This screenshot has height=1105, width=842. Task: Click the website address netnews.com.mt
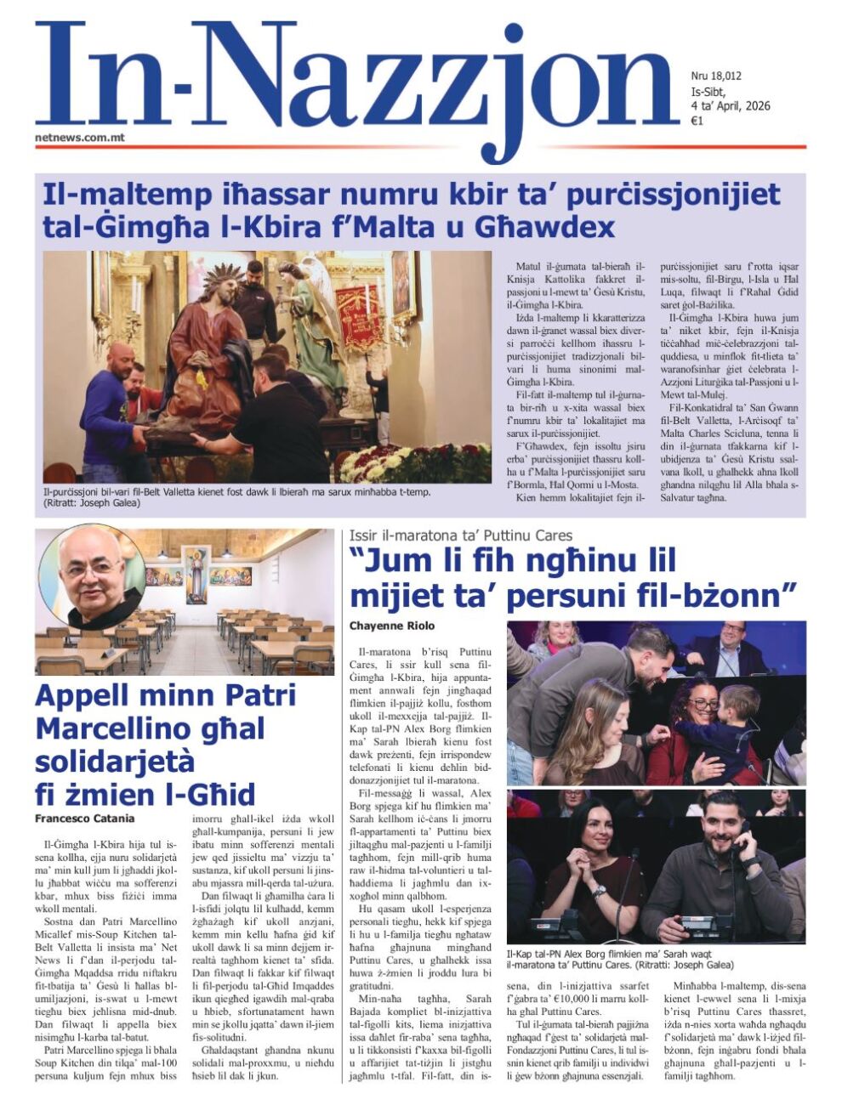(x=80, y=136)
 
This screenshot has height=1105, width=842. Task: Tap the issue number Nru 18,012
(x=716, y=76)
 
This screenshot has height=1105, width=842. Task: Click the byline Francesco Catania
(x=84, y=818)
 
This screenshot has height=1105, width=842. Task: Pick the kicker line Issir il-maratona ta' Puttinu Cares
(x=460, y=535)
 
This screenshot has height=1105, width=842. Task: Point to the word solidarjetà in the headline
(x=115, y=761)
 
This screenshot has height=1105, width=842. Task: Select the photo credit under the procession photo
(x=92, y=503)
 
